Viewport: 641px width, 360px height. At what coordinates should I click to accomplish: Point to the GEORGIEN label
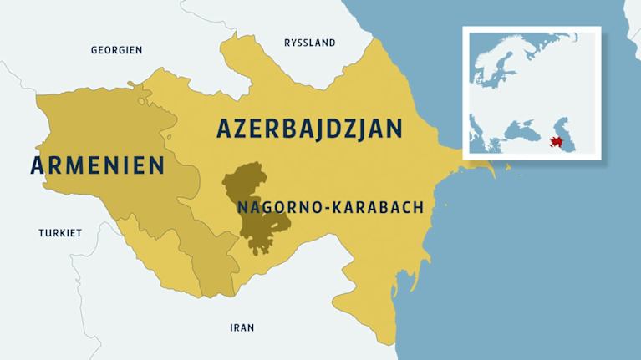[116, 51]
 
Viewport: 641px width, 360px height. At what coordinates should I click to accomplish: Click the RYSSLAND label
[309, 43]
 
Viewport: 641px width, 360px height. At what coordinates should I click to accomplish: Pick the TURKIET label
[60, 233]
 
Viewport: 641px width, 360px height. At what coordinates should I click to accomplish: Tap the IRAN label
[242, 327]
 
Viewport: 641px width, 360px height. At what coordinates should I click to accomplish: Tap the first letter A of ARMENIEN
[39, 165]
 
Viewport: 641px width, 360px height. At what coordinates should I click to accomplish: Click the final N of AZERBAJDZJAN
[395, 129]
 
